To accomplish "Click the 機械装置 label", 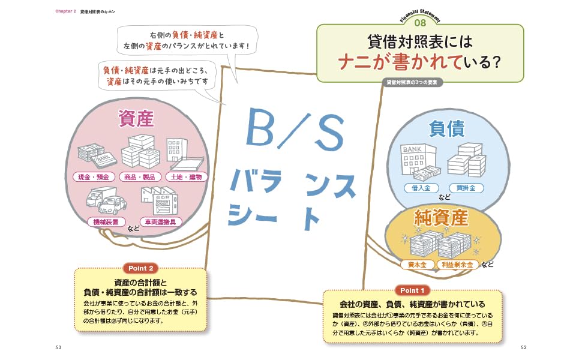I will (106, 221).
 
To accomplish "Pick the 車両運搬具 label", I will (160, 221).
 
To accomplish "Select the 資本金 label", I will (417, 263).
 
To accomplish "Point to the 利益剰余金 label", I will (458, 263).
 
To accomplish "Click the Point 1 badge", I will (412, 290).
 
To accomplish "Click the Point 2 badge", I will (141, 268).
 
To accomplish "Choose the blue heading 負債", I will (447, 128).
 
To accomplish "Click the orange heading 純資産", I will (441, 217).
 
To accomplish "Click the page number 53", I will (58, 347).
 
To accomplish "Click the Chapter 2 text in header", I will (65, 11).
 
